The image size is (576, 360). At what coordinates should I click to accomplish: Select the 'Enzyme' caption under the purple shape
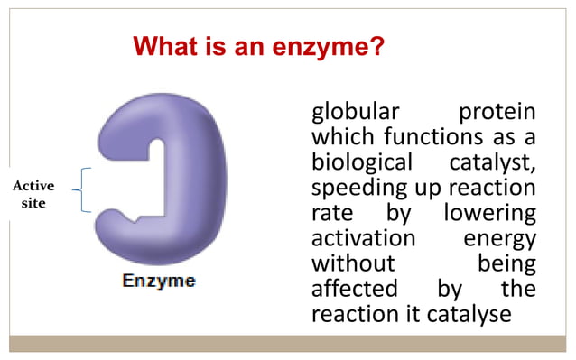[x=159, y=282]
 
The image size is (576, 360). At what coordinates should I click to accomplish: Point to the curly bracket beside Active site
[x=79, y=189]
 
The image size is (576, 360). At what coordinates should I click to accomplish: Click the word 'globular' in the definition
[x=355, y=115]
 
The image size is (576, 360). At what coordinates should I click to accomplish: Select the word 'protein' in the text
[x=497, y=115]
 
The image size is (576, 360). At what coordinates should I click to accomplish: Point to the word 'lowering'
[x=490, y=216]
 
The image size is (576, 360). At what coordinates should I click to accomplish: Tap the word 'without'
[x=353, y=265]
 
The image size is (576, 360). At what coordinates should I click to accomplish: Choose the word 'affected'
[x=354, y=291]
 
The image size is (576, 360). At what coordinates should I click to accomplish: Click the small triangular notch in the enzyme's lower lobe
[x=135, y=218]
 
